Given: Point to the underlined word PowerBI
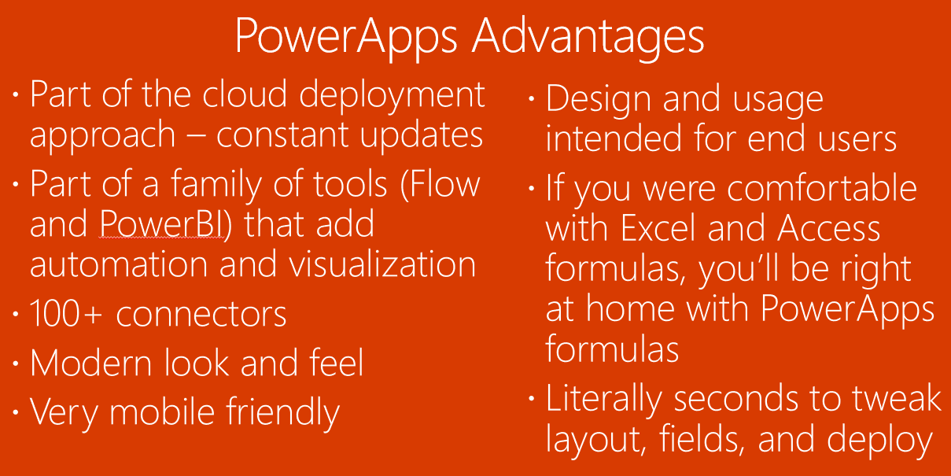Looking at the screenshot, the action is tap(161, 223).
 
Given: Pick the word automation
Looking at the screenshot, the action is tap(119, 264).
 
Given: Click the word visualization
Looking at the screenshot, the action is tap(382, 264).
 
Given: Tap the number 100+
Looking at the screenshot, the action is tap(66, 313).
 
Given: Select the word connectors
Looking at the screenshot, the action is tap(201, 315).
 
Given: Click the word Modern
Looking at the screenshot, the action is tap(91, 362).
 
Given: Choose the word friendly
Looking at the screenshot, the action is tap(282, 411).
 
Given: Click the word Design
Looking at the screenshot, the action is tap(599, 99).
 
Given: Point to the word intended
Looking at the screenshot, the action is tap(614, 137).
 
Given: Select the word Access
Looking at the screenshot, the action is tap(829, 227).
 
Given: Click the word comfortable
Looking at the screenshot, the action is tap(821, 187).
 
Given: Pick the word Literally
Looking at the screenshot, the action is tap(603, 399).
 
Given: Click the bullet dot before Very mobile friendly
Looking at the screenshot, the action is tap(16, 412).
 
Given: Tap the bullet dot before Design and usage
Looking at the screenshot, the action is tap(531, 99).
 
